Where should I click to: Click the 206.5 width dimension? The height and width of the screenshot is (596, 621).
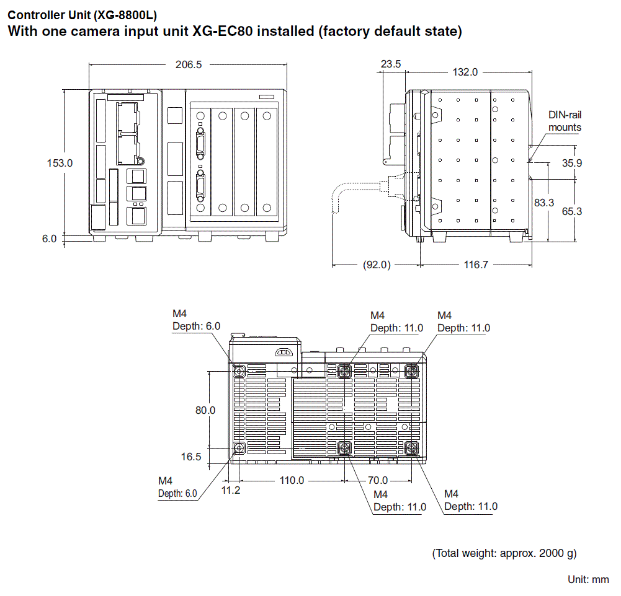click(x=189, y=64)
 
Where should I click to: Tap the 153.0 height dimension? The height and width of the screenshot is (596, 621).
click(x=60, y=163)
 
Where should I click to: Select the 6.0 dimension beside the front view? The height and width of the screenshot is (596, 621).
click(x=50, y=239)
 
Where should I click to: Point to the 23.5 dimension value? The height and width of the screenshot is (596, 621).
click(x=391, y=64)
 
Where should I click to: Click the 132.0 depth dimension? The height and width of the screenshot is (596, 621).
click(x=465, y=72)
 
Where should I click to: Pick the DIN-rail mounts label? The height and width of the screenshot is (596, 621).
click(x=565, y=121)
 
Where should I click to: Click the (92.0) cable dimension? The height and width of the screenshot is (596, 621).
click(x=376, y=265)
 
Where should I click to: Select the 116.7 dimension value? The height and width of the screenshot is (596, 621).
click(x=476, y=265)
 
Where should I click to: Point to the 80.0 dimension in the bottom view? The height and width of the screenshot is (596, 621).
click(x=205, y=410)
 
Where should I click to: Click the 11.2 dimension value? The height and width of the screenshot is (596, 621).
click(x=231, y=490)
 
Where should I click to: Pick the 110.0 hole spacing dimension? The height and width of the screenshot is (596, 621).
click(x=292, y=480)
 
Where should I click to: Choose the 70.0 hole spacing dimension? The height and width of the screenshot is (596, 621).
click(x=377, y=480)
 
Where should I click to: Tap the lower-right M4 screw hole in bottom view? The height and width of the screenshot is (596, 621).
click(x=411, y=448)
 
